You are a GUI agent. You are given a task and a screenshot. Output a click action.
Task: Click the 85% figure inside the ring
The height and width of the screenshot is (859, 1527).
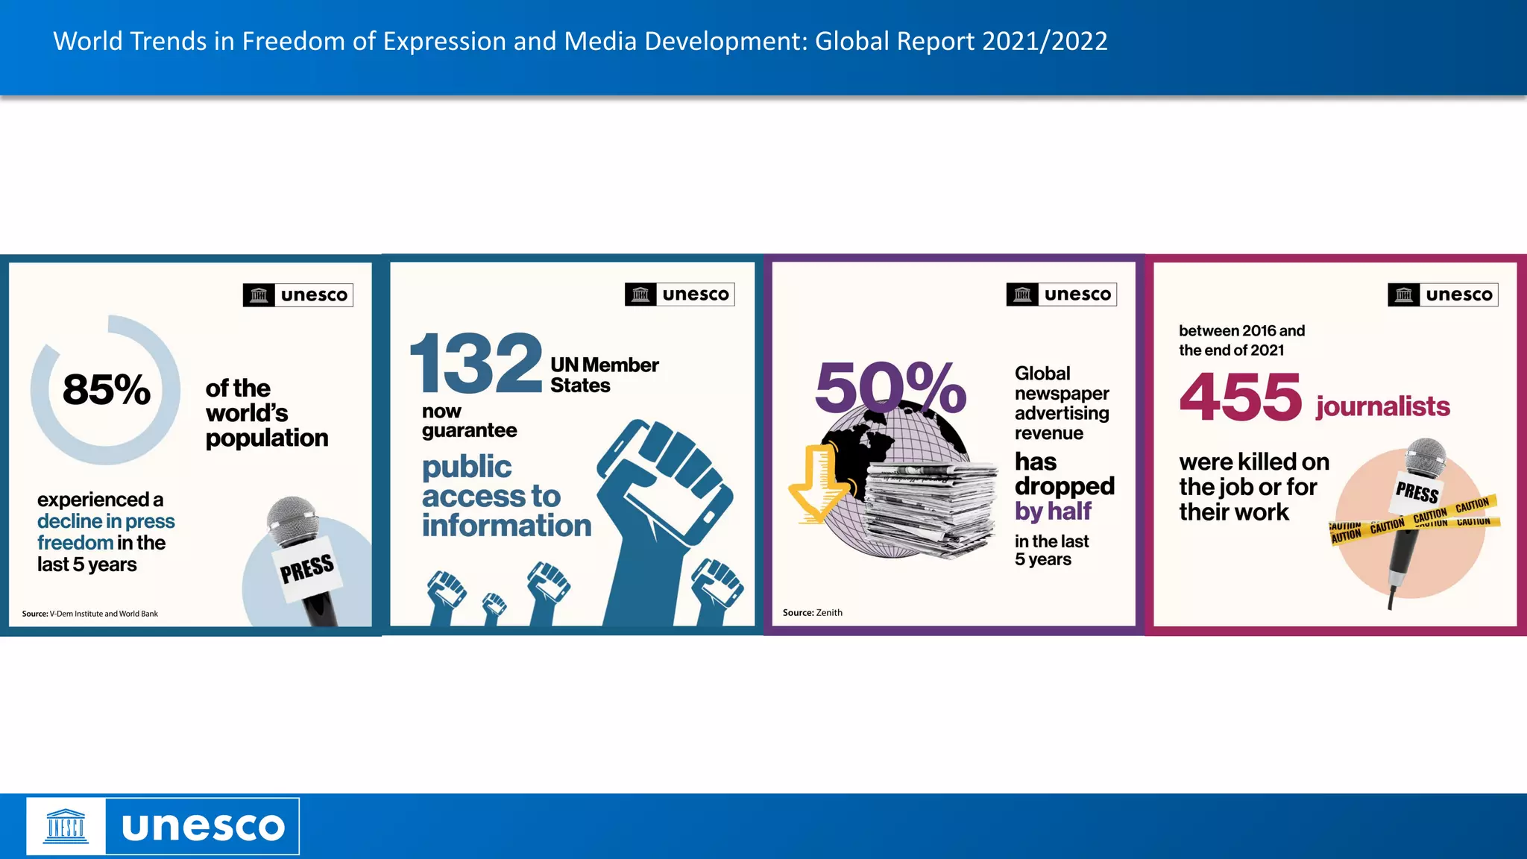pos(107,390)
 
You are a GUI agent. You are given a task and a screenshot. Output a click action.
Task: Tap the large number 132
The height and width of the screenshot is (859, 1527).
pos(476,364)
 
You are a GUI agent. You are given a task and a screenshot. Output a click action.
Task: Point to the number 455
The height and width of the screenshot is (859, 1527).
pos(1241,397)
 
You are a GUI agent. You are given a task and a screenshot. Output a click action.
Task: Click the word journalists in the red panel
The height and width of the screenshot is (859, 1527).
pos(1382,406)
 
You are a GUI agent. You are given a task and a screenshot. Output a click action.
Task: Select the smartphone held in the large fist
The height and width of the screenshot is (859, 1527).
pos(664,477)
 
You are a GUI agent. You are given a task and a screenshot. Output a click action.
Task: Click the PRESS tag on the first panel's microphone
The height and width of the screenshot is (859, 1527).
pos(307,570)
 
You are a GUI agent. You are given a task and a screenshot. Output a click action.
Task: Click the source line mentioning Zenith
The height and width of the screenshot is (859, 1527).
pos(812,612)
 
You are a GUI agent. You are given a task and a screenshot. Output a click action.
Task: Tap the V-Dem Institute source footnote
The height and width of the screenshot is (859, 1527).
pos(89,614)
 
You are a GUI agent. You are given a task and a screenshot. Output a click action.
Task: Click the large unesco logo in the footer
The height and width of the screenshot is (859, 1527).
pos(163,826)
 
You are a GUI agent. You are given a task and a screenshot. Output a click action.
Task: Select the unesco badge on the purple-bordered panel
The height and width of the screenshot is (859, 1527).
pos(1061,295)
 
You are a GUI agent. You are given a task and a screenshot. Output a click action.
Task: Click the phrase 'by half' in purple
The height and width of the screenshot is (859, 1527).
pos(1053,512)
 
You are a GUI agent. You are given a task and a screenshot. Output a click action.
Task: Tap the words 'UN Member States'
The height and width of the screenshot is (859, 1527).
pos(604,375)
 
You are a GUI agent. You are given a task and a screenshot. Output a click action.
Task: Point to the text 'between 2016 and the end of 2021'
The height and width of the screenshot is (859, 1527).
pos(1241,340)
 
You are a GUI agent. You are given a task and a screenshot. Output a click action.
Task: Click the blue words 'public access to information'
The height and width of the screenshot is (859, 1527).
pos(506,496)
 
